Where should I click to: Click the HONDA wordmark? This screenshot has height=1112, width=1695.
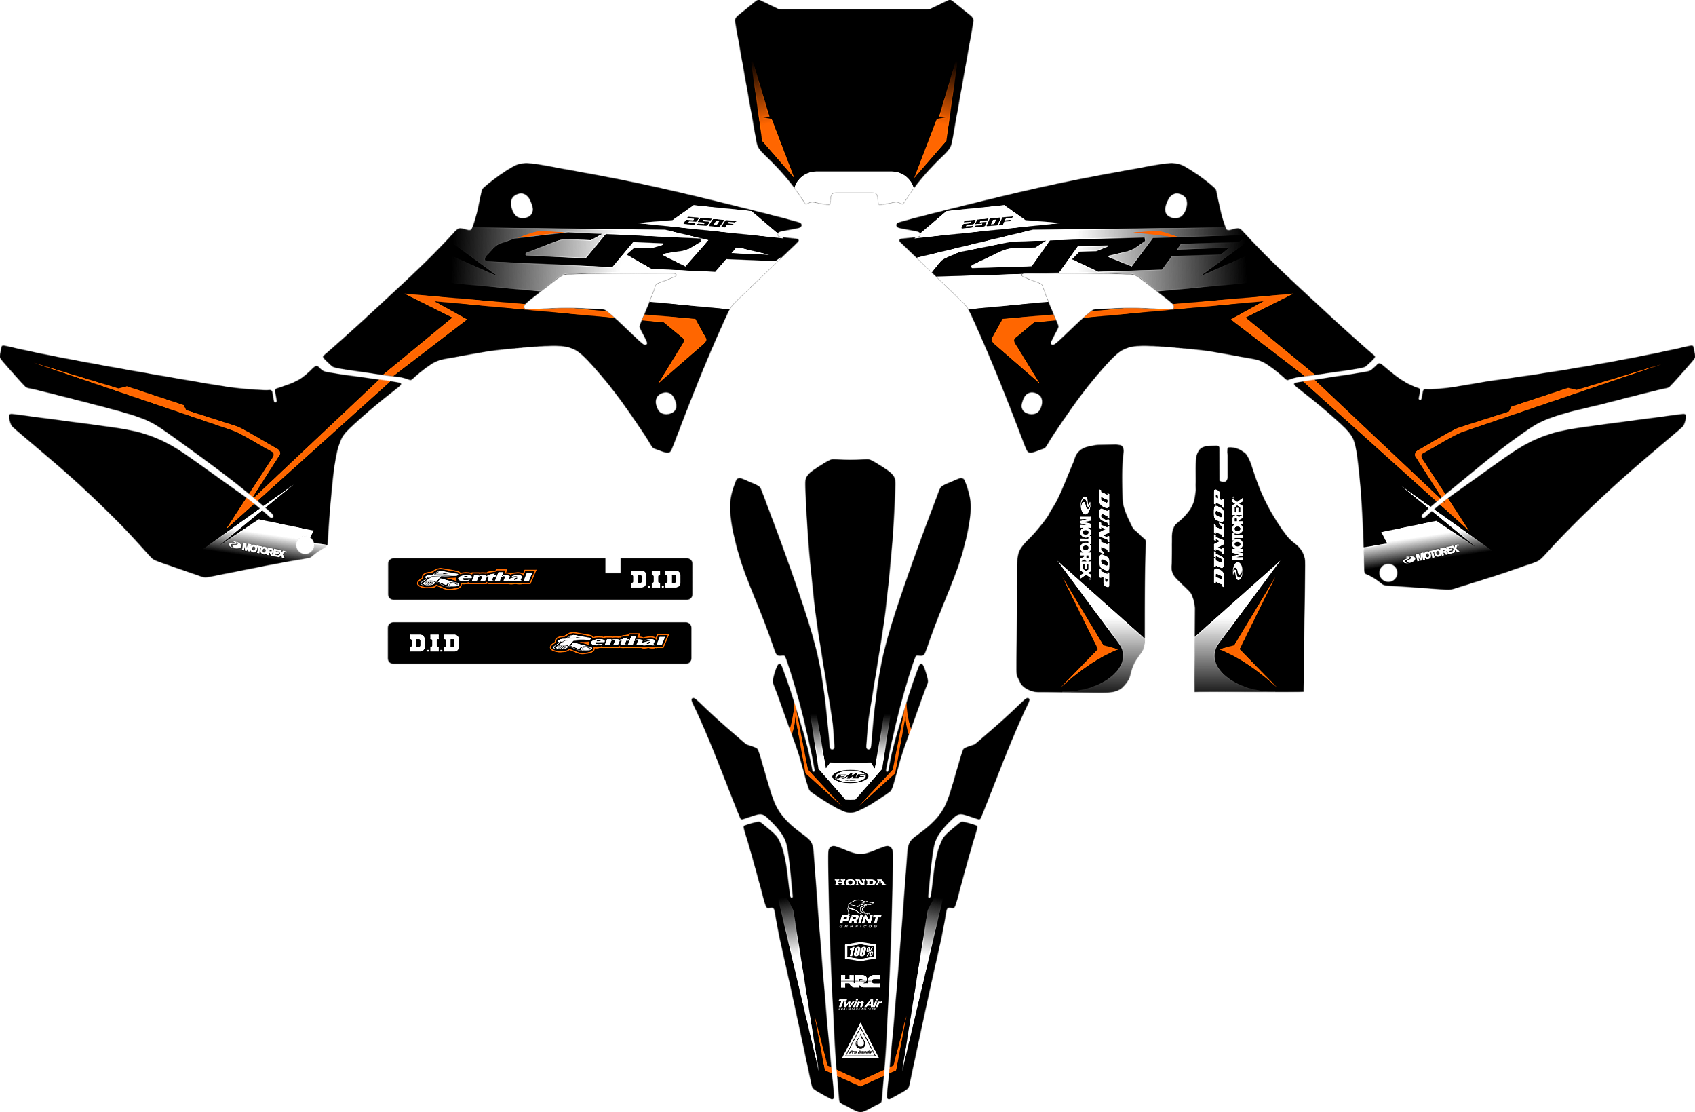[859, 882]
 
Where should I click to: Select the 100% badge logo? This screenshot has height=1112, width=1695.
[860, 952]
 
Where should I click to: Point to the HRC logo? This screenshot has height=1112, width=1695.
[860, 981]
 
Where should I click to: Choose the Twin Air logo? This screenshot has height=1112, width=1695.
[859, 1003]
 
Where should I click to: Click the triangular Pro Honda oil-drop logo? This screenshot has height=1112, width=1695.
[860, 1043]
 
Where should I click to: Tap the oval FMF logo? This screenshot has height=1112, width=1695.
[851, 775]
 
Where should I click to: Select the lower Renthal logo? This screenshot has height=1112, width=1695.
[610, 642]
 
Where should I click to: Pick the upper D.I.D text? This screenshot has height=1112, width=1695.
[655, 579]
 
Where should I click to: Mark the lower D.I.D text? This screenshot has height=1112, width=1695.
[433, 643]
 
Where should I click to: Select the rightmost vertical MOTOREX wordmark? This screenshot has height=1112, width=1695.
[1238, 538]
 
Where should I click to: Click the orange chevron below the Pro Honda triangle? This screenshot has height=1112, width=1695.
[860, 1079]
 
